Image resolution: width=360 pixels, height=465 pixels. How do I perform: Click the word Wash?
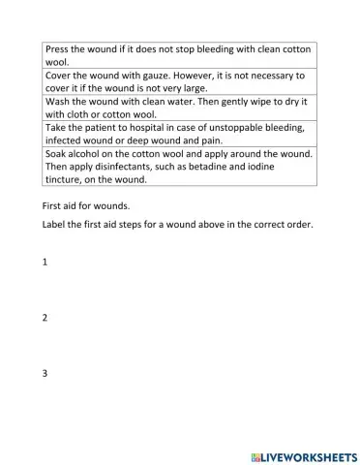coord(58,101)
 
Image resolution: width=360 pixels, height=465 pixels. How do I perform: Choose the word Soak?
coord(57,153)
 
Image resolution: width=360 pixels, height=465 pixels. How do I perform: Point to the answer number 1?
coord(45,263)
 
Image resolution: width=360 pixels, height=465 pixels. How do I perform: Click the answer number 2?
coord(45,318)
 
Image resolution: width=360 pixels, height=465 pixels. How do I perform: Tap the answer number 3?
coord(45,373)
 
